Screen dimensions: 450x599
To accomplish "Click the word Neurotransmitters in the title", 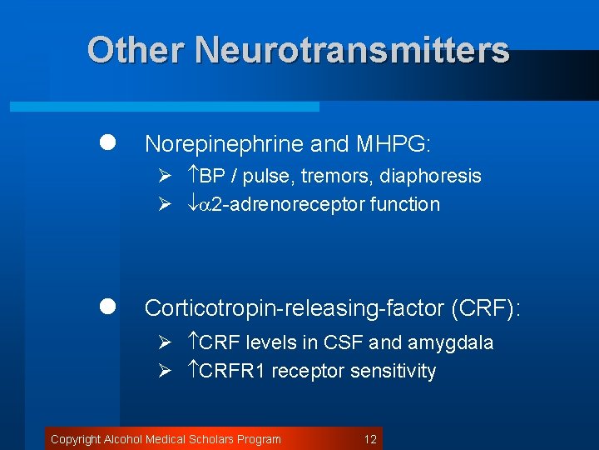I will pos(352,50).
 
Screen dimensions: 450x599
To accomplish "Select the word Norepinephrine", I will pos(224,144).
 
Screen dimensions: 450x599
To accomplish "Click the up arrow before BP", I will pos(192,176).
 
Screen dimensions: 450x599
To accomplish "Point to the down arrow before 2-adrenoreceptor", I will pos(192,204).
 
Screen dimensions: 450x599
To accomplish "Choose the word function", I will pos(407,204).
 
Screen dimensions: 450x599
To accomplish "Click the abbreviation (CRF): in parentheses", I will pos(485,308).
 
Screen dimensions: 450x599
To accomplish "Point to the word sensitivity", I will pos(394,371).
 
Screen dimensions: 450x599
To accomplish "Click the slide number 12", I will pos(370,439).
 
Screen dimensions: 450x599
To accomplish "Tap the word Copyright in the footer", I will pos(76,439).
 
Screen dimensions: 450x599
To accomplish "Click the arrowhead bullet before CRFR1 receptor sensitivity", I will pos(165,371).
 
